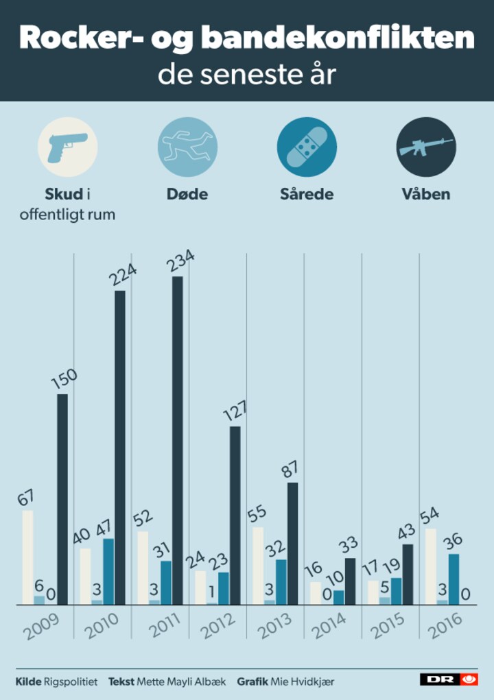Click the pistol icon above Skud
[x=67, y=147]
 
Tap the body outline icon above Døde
[x=187, y=147]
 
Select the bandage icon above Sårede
[x=307, y=147]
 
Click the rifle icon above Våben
[x=426, y=147]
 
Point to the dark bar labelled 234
[x=178, y=440]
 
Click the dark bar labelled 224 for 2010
[x=120, y=447]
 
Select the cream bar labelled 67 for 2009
[x=27, y=557]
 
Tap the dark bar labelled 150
[x=62, y=499]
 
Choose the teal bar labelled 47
[x=108, y=571]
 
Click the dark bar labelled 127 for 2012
[x=235, y=516]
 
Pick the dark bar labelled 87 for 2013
[x=293, y=543]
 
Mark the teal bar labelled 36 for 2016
[x=454, y=579]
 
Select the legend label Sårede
[x=307, y=194]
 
